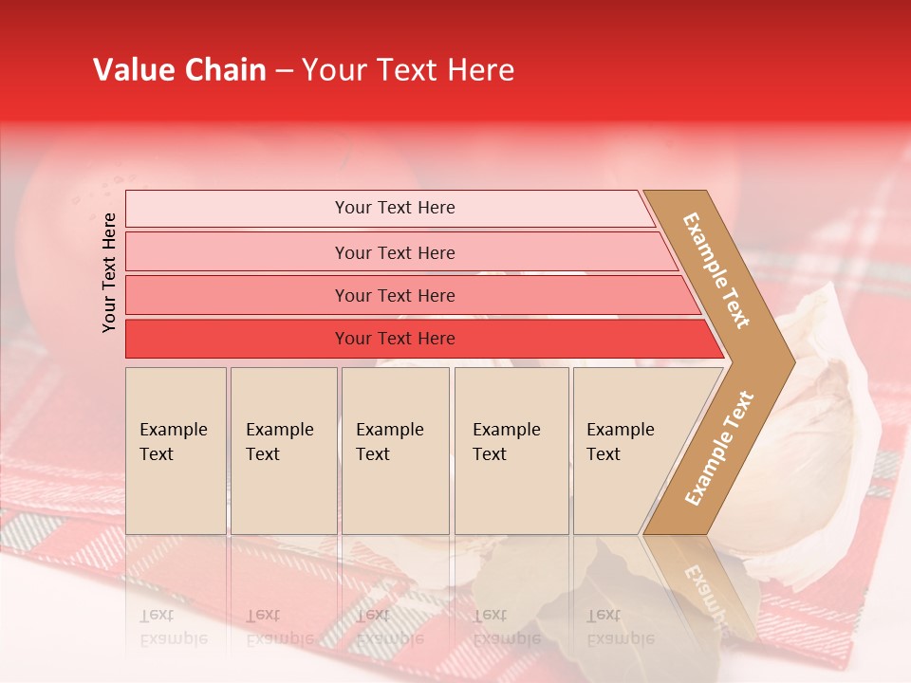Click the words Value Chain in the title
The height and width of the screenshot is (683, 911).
pos(179,70)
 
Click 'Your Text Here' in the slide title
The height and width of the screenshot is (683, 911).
pos(408,70)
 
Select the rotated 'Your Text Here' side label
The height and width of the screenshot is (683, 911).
pos(110,272)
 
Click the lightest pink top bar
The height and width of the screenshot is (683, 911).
pos(394,208)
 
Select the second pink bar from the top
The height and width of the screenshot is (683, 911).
pos(394,252)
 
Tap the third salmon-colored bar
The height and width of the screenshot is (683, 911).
pos(394,296)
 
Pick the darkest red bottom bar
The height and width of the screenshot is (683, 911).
pos(394,339)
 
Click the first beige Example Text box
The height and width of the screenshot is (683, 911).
pos(176,451)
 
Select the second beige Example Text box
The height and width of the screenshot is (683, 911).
pos(283,451)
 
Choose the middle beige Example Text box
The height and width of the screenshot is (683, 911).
pos(395,451)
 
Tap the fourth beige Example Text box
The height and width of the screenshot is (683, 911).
pos(511,451)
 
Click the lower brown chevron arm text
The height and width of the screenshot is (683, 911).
pos(719,448)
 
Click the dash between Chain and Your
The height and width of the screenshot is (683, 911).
pos(284,71)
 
